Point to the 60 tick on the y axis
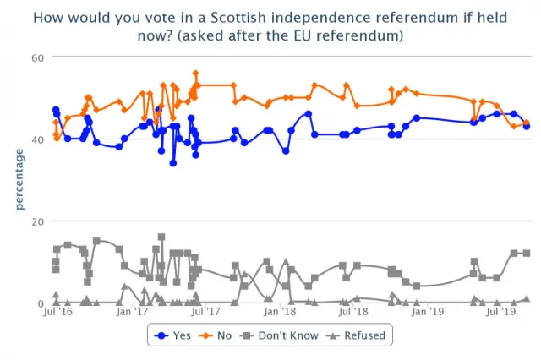pyautogui.click(x=37, y=57)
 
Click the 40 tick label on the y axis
pyautogui.click(x=37, y=139)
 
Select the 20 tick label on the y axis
pyautogui.click(x=37, y=221)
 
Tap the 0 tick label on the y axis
pyautogui.click(x=41, y=303)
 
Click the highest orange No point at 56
pyautogui.click(x=195, y=74)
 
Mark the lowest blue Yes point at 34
pyautogui.click(x=172, y=163)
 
